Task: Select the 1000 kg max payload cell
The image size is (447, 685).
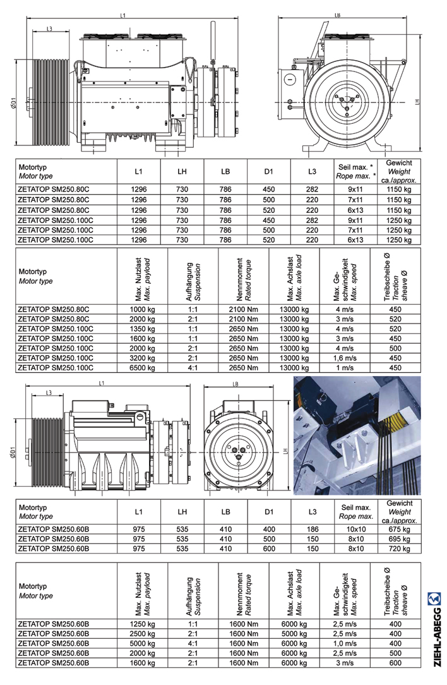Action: (142, 309)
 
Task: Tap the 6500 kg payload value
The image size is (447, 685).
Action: (142, 368)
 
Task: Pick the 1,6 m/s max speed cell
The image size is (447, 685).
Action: (345, 358)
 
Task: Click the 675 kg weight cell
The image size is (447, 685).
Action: (400, 529)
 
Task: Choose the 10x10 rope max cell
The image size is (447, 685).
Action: (355, 529)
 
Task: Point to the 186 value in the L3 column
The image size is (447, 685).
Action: (313, 529)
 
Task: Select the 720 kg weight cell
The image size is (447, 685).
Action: (400, 549)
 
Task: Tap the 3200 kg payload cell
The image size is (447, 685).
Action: (142, 358)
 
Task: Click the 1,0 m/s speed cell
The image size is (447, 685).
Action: (345, 643)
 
